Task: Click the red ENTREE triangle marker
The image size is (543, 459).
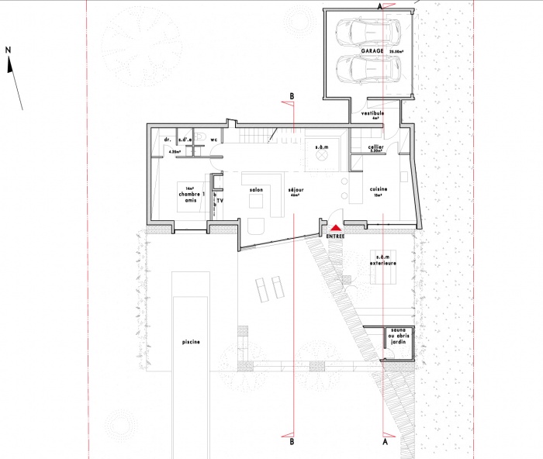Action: click(x=336, y=228)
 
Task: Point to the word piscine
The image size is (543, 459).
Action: click(x=192, y=340)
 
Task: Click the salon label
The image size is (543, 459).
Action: click(x=257, y=188)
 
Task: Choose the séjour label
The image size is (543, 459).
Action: click(x=294, y=190)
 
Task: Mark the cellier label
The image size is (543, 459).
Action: click(x=375, y=147)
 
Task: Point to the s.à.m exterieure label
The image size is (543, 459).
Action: click(x=382, y=260)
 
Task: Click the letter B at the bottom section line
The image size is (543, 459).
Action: click(x=291, y=443)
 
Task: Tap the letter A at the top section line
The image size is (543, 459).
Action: click(x=379, y=5)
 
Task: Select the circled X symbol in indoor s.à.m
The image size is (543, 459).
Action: click(x=320, y=157)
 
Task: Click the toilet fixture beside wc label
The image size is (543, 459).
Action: click(x=201, y=140)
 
